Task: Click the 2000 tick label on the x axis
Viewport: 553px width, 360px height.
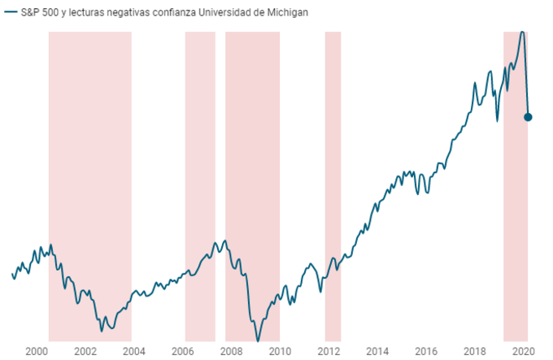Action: [x=36, y=351]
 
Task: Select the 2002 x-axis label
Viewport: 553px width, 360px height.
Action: [x=85, y=351]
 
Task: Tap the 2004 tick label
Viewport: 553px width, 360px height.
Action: [x=133, y=351]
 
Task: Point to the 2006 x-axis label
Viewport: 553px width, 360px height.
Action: [x=182, y=351]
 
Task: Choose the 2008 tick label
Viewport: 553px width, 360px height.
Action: [x=231, y=351]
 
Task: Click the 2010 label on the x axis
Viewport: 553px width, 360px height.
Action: [x=280, y=351]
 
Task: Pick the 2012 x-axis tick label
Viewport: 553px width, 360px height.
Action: [x=329, y=351]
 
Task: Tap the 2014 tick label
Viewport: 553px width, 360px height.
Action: [x=377, y=351]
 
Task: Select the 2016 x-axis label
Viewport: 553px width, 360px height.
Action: [x=426, y=351]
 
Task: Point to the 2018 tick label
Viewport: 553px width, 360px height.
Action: [x=475, y=351]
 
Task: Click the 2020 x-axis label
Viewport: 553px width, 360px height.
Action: [x=523, y=351]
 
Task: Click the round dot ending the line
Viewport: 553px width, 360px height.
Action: [x=528, y=117]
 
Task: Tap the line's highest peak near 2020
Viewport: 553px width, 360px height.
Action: [x=522, y=32]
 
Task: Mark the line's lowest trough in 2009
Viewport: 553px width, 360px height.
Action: [x=258, y=340]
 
